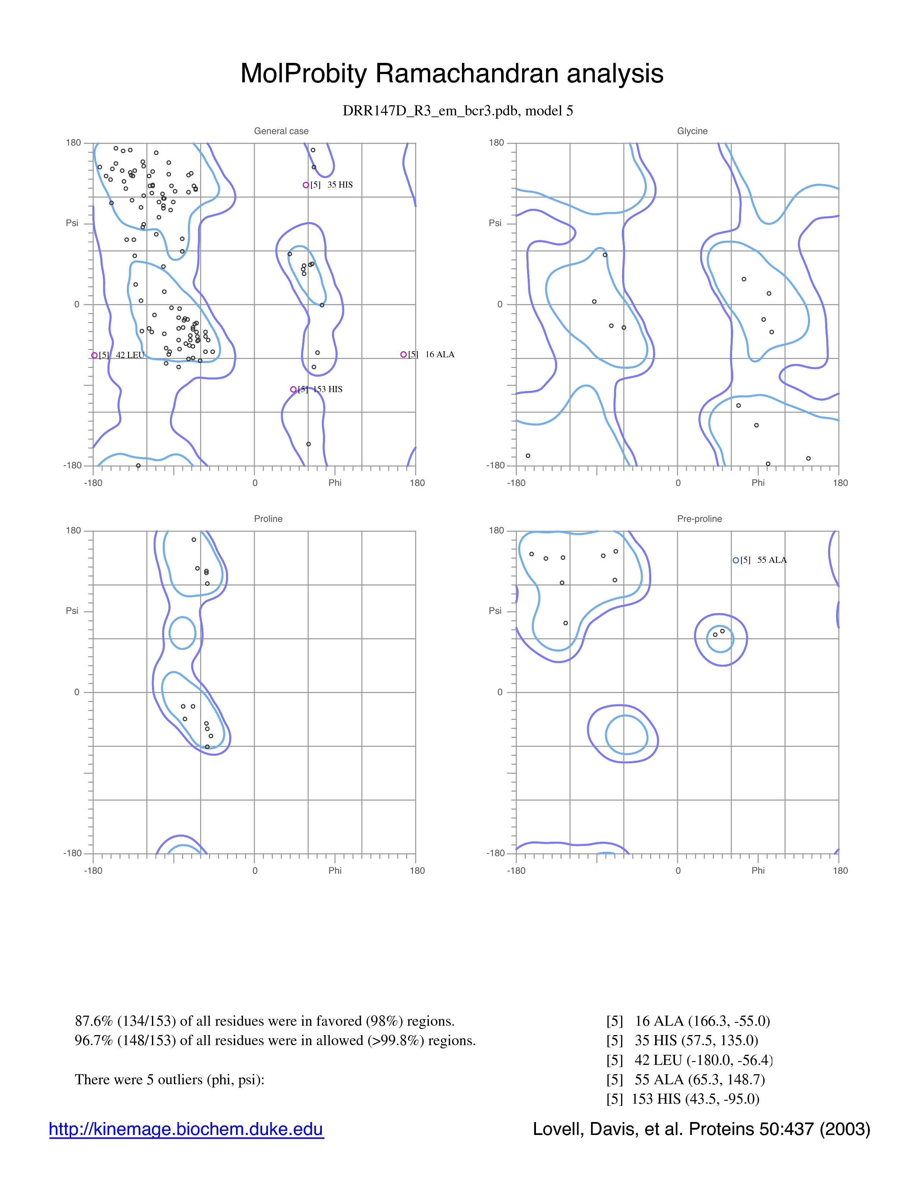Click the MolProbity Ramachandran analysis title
pyautogui.click(x=452, y=73)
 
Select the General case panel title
pyautogui.click(x=281, y=131)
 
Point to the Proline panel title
pyautogui.click(x=268, y=519)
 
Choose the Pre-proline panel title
pyautogui.click(x=699, y=519)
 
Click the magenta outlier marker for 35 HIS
pyautogui.click(x=306, y=185)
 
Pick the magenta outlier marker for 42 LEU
pyautogui.click(x=94, y=355)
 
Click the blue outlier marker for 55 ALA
pyautogui.click(x=736, y=560)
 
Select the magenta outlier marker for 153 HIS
pyautogui.click(x=293, y=389)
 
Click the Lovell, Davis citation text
pyautogui.click(x=701, y=1129)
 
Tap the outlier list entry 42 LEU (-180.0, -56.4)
pyautogui.click(x=690, y=1059)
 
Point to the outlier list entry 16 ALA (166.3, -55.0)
pyautogui.click(x=688, y=1021)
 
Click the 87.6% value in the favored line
pyautogui.click(x=94, y=1021)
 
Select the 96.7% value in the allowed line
pyautogui.click(x=94, y=1040)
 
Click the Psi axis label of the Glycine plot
pyautogui.click(x=495, y=223)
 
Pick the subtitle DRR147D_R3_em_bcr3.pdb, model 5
pyautogui.click(x=458, y=111)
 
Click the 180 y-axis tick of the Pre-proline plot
pyautogui.click(x=496, y=530)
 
